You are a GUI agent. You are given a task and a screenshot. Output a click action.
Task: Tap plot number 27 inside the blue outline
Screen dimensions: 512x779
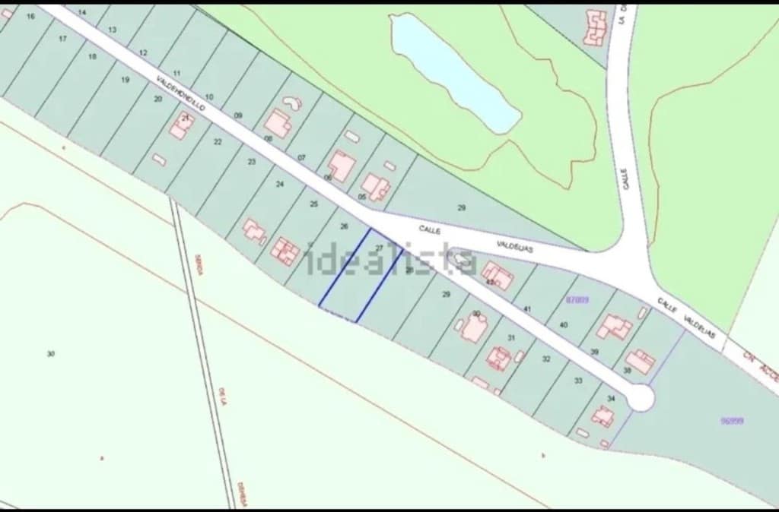tap(379, 248)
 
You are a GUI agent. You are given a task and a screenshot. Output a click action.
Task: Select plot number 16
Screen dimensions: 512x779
tap(30, 16)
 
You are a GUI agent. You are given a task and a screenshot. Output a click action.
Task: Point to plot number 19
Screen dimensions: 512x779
tap(126, 79)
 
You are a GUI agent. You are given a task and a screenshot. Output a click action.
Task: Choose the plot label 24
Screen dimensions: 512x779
tap(280, 184)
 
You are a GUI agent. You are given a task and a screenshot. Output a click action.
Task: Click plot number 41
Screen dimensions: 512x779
tap(526, 309)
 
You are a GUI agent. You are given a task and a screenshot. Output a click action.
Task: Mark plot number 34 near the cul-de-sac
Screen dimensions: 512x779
tap(611, 398)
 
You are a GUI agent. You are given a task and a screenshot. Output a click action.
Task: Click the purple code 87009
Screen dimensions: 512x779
tap(577, 300)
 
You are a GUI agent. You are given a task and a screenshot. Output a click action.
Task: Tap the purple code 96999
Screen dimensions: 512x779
tap(732, 420)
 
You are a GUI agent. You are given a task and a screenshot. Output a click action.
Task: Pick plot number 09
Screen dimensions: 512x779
tap(238, 115)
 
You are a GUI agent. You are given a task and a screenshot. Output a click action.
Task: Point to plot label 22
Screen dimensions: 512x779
tap(218, 142)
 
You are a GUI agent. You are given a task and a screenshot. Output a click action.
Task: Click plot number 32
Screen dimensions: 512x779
tap(546, 359)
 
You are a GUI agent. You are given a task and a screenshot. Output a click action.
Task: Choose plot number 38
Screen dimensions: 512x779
tap(628, 371)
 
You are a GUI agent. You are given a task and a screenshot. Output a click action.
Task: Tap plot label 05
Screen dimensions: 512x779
tap(362, 197)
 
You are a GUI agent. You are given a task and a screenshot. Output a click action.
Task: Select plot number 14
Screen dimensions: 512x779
tap(82, 13)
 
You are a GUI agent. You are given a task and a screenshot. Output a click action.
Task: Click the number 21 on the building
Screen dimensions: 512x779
tap(185, 118)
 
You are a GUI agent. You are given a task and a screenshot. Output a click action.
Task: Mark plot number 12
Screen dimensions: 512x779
tap(143, 53)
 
